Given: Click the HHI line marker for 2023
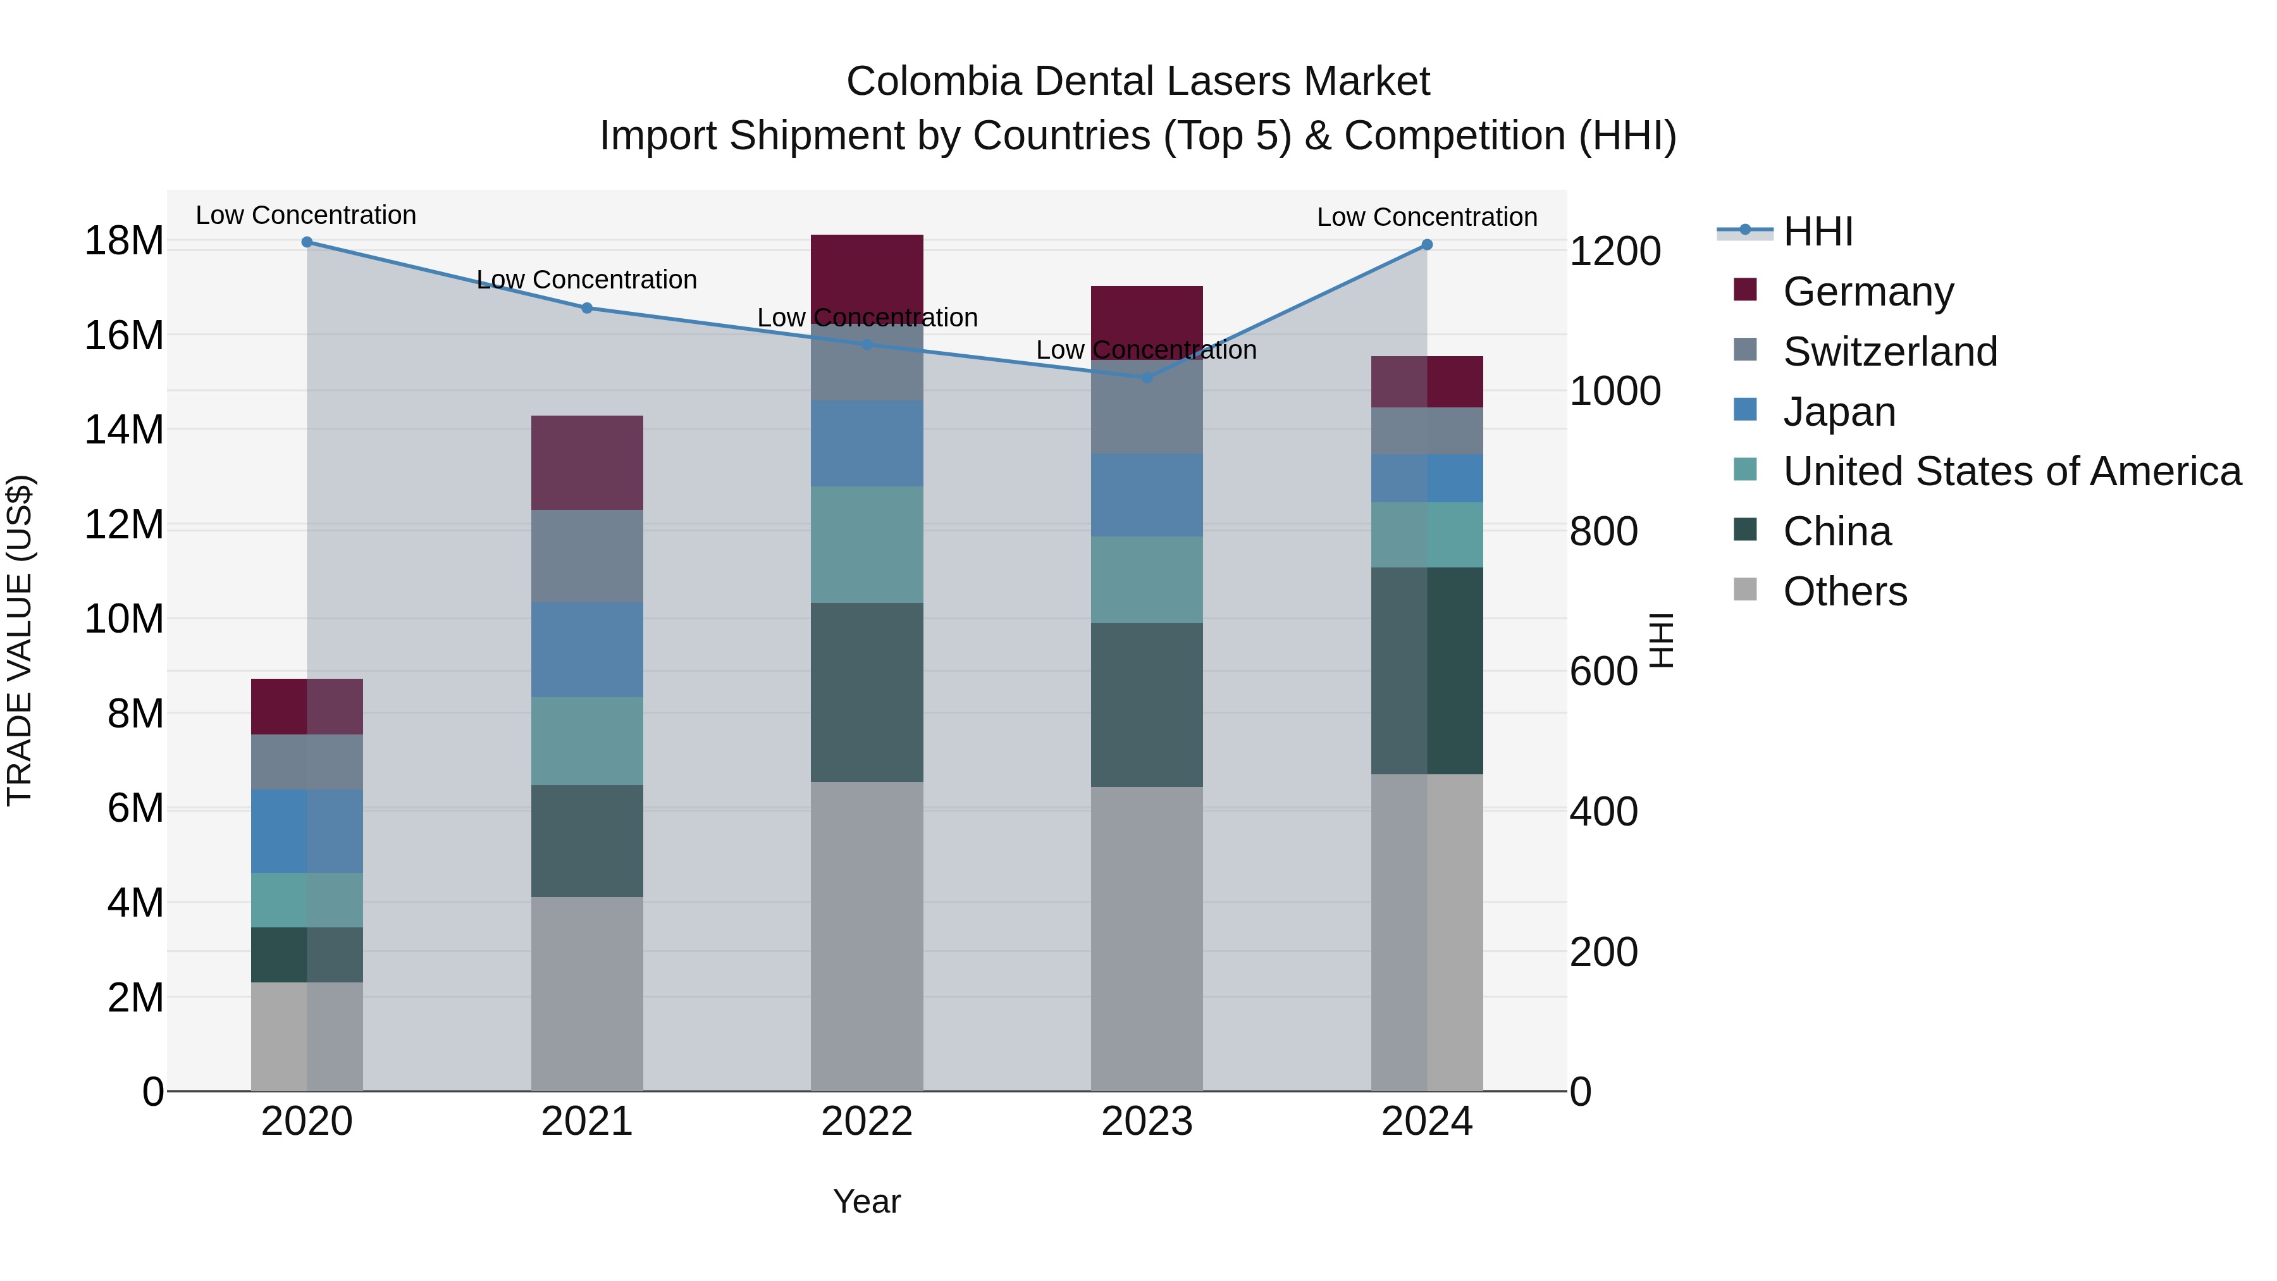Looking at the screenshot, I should pyautogui.click(x=1147, y=378).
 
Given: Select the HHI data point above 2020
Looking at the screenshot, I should pyautogui.click(x=307, y=242).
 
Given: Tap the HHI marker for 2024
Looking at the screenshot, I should pyautogui.click(x=1427, y=245).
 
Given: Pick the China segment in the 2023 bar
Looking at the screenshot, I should pyautogui.click(x=1147, y=705).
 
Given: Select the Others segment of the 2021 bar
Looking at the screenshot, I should pyautogui.click(x=587, y=994).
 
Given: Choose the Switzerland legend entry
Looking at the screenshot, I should pyautogui.click(x=1890, y=352).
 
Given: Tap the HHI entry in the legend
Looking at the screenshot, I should pyautogui.click(x=1817, y=232).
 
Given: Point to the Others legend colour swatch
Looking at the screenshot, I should pyautogui.click(x=1745, y=590).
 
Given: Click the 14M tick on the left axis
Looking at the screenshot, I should pyautogui.click(x=124, y=430).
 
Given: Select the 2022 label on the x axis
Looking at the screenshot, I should pyautogui.click(x=867, y=1122).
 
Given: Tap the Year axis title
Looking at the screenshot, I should pyautogui.click(x=867, y=1201).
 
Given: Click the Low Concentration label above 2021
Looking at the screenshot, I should pyautogui.click(x=587, y=280).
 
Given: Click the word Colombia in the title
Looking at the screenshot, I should pyautogui.click(x=934, y=82).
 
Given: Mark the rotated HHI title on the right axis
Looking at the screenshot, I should pyautogui.click(x=1662, y=640).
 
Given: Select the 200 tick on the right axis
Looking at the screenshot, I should pyautogui.click(x=1603, y=952).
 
